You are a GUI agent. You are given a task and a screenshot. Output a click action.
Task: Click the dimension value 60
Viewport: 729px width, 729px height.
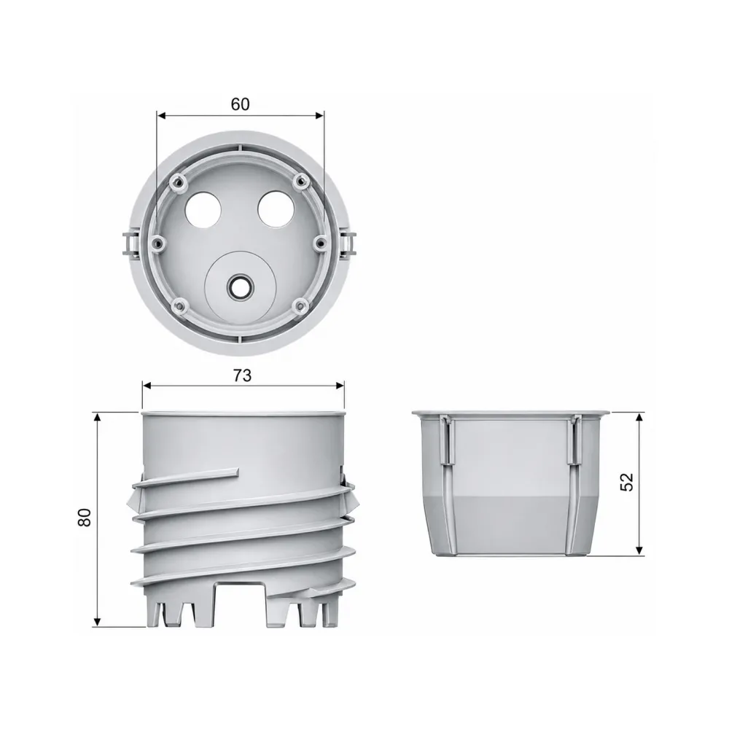point(240,104)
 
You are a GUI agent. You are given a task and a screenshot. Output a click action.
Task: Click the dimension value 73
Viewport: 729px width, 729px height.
point(242,375)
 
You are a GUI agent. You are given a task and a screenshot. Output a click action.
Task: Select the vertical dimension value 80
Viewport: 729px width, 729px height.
point(85,517)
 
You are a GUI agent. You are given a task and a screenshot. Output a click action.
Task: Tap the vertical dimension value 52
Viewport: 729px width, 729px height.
point(627,482)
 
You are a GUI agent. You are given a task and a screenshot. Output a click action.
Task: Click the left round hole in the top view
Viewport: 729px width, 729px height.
point(203,210)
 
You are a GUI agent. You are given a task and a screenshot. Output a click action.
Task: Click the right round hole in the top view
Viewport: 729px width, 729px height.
point(276,210)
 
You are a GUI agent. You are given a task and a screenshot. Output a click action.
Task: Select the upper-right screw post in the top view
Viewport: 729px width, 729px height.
point(303,182)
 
